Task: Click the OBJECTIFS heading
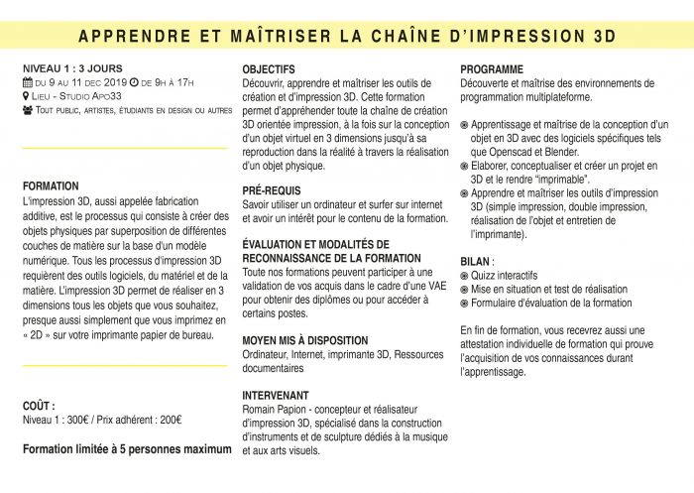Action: coord(269,69)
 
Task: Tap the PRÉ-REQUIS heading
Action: coord(273,189)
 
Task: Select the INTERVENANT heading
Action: coord(276,395)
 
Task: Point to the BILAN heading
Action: coord(478,261)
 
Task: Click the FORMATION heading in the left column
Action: coord(51,185)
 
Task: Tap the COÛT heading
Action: coord(39,406)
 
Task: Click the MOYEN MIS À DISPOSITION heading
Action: coord(304,340)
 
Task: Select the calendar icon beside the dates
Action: coord(27,82)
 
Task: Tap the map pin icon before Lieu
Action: coord(27,95)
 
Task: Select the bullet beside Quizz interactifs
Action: coord(466,276)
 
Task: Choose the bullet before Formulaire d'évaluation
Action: coord(466,304)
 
